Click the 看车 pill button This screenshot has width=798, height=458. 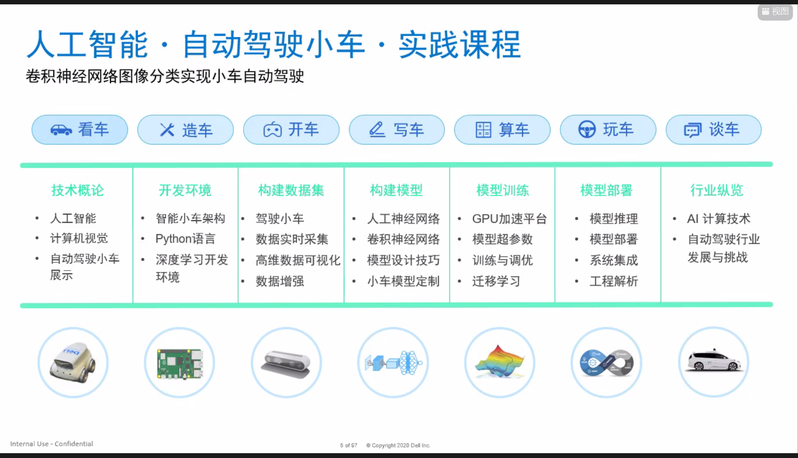80,130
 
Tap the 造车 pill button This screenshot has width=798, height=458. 185,130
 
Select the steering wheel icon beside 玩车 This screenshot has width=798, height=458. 587,130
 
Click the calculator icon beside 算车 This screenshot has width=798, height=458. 484,130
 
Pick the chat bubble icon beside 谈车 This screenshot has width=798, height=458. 692,130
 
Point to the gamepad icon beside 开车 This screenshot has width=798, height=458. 272,130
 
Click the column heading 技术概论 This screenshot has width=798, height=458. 78,190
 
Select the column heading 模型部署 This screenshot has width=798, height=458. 607,190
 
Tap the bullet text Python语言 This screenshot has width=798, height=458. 186,239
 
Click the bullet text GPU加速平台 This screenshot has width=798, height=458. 509,218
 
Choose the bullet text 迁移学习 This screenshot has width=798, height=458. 496,281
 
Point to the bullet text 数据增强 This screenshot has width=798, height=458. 280,281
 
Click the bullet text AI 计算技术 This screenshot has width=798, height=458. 719,218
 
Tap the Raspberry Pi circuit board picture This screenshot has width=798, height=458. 180,363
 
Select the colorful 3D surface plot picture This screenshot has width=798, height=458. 500,362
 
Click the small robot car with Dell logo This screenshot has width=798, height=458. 73,363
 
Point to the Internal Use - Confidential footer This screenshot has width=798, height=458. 52,444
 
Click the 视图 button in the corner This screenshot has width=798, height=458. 775,11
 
